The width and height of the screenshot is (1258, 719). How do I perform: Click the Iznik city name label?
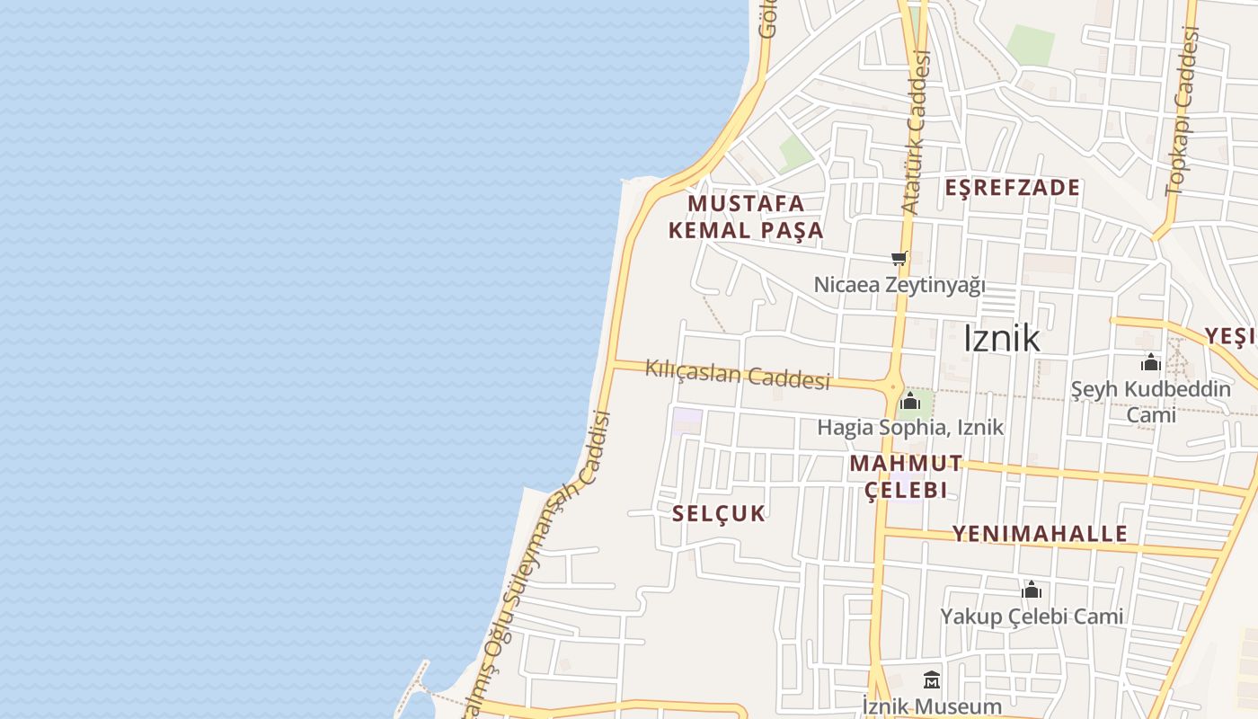pos(1001,339)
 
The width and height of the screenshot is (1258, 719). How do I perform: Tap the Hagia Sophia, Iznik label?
pos(909,427)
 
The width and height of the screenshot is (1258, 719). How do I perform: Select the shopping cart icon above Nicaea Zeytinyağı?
pos(899,259)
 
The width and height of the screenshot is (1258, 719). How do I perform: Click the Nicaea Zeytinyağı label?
pos(899,285)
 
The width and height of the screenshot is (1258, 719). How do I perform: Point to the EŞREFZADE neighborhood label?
pos(1013,188)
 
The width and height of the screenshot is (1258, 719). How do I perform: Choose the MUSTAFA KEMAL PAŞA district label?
pos(746,217)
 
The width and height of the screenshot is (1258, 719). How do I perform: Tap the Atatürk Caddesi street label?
pos(916,133)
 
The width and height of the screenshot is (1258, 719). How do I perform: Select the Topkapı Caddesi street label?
pos(1183,112)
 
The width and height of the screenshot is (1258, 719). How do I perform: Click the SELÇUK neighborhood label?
pos(719,513)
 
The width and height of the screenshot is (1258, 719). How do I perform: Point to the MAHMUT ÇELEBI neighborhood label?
pos(906,476)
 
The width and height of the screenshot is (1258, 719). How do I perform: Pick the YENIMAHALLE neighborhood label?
pos(1040,533)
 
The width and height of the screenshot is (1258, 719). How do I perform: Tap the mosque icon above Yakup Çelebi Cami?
pos(1032,590)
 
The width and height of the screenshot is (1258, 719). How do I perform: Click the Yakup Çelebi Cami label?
pos(1032,617)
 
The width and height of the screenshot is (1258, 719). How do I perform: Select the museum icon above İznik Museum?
pos(932,679)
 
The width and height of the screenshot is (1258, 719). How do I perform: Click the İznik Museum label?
pos(932,706)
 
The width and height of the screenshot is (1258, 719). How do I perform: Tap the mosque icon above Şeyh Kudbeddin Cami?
pos(1151,363)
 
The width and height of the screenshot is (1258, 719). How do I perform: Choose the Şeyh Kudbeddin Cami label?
pos(1151,402)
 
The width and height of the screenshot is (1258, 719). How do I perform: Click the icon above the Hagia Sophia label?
pos(910,401)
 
